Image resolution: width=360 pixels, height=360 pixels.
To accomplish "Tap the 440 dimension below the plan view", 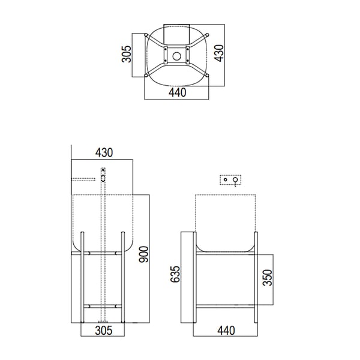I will [176, 92].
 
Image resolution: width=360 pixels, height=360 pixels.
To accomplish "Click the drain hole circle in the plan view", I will [177, 55].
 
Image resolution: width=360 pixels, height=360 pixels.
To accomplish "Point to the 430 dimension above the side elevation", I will [103, 153].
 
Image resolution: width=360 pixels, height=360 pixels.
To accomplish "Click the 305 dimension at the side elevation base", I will [103, 330].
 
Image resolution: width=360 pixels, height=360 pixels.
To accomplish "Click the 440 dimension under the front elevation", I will [226, 330].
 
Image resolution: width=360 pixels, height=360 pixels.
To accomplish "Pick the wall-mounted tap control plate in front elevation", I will [230, 179].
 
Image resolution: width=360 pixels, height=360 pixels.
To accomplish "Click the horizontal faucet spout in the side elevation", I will [84, 179].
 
